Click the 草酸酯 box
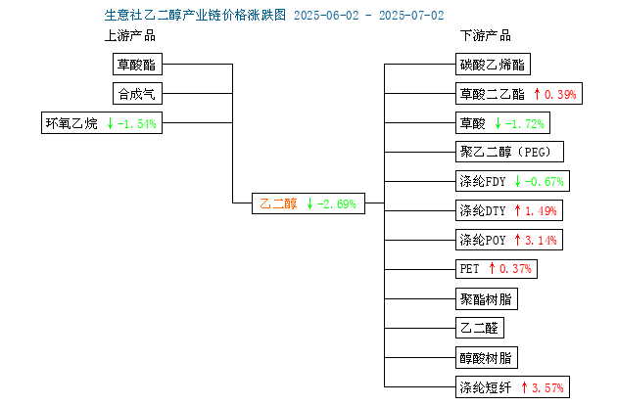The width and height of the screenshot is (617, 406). pyautogui.click(x=137, y=64)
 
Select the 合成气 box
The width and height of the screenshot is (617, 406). pyautogui.click(x=137, y=94)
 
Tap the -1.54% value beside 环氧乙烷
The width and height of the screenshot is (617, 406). pyautogui.click(x=136, y=124)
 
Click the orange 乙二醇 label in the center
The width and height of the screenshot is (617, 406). pyautogui.click(x=278, y=203)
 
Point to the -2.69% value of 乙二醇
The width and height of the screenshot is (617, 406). pyautogui.click(x=337, y=204)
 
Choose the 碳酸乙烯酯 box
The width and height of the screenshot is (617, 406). pyautogui.click(x=493, y=64)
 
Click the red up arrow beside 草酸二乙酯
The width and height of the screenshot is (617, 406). pyautogui.click(x=537, y=94)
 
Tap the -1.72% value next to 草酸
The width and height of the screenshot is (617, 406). pyautogui.click(x=525, y=124)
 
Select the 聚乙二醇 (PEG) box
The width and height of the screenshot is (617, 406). pyautogui.click(x=509, y=152)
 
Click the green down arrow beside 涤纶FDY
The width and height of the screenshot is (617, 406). pyautogui.click(x=517, y=181)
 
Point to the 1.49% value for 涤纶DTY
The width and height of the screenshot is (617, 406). pyautogui.click(x=541, y=211)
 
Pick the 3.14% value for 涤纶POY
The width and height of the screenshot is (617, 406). pyautogui.click(x=541, y=240)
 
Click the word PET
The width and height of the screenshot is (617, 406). pyautogui.click(x=469, y=269)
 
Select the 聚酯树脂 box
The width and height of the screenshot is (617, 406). pyautogui.click(x=487, y=299)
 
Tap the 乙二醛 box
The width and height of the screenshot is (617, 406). pyautogui.click(x=480, y=328)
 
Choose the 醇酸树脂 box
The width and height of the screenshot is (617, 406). pyautogui.click(x=487, y=358)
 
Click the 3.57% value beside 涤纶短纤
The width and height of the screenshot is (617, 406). pyautogui.click(x=547, y=388)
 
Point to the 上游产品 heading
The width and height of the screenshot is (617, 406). pyautogui.click(x=130, y=36)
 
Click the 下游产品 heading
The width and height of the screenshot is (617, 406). pyautogui.click(x=486, y=36)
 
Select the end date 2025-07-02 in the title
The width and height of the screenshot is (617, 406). pyautogui.click(x=411, y=16)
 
